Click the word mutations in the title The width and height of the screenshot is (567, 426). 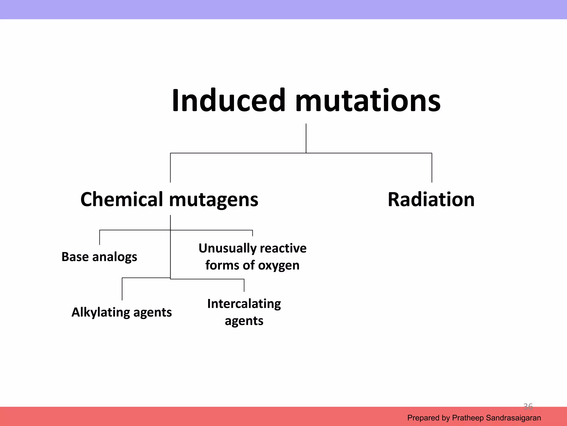368,100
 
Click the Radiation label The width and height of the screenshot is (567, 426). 431,199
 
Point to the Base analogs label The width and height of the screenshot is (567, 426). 99,257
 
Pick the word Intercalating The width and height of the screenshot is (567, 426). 244,304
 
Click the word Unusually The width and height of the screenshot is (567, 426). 228,248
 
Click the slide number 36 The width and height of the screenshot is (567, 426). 528,407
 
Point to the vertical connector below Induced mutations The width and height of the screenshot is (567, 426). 306,138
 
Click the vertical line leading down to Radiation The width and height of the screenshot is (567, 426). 432,168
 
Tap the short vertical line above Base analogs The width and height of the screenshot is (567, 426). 100,237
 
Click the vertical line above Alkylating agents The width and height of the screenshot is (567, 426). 122,289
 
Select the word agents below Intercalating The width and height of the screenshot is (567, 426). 244,321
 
